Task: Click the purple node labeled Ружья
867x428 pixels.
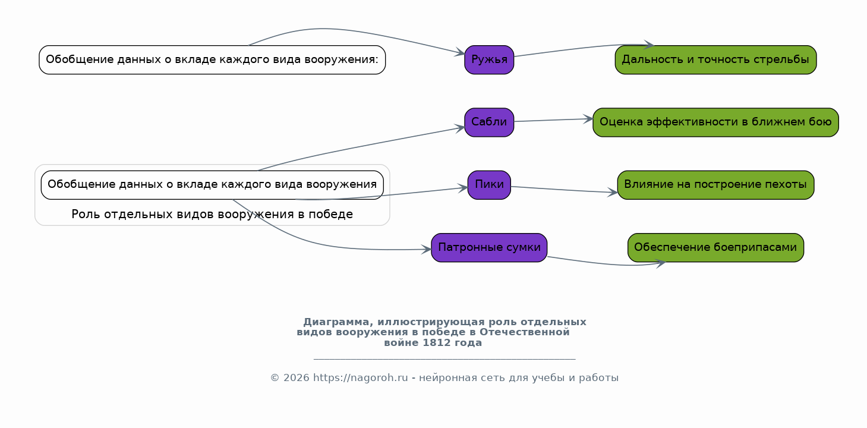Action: tap(489, 59)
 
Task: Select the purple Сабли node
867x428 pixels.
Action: tap(489, 122)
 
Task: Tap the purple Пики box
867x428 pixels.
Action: tap(489, 185)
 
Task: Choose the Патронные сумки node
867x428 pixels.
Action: tap(489, 247)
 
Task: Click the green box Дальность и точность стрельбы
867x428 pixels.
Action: tap(715, 59)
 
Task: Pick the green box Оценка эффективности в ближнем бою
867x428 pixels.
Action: tap(715, 122)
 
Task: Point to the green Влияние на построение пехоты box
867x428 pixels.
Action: tap(715, 185)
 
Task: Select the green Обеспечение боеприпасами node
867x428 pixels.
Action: tap(715, 247)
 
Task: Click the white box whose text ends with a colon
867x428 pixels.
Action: tap(212, 59)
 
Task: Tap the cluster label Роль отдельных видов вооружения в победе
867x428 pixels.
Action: tap(212, 214)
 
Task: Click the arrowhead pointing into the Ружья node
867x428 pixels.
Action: tap(460, 52)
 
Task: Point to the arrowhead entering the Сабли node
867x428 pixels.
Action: tap(460, 128)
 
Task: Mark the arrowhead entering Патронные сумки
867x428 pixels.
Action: tap(427, 250)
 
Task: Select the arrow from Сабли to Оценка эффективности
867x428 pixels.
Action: tap(553, 120)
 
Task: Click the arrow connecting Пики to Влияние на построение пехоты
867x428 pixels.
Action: tap(565, 190)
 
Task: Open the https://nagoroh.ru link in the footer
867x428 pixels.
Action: tap(360, 377)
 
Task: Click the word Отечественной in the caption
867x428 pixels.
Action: tap(525, 332)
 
